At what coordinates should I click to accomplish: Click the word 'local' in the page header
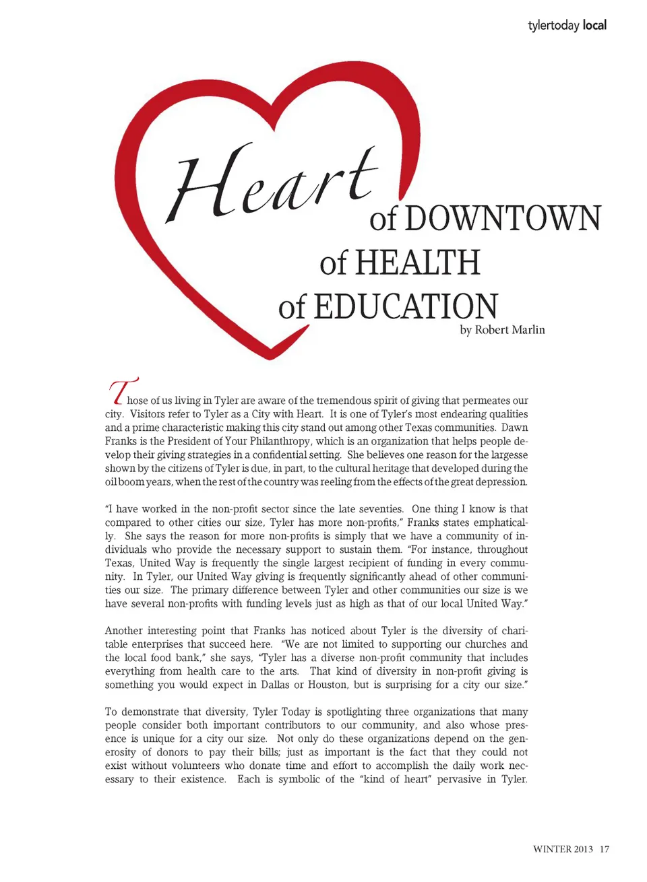click(x=594, y=25)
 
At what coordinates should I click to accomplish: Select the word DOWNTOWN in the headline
click(x=502, y=219)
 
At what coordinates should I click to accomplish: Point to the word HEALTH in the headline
click(x=417, y=263)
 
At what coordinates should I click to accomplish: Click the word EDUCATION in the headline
click(x=406, y=307)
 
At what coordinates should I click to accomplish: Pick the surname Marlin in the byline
click(x=527, y=330)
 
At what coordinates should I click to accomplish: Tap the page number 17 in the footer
click(x=605, y=849)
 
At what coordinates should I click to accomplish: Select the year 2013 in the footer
click(x=582, y=849)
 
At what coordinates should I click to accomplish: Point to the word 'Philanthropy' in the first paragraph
click(x=280, y=441)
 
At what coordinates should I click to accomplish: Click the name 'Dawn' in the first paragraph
click(x=515, y=428)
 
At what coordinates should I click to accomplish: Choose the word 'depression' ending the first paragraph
click(x=502, y=482)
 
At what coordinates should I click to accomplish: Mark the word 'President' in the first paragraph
click(x=174, y=441)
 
